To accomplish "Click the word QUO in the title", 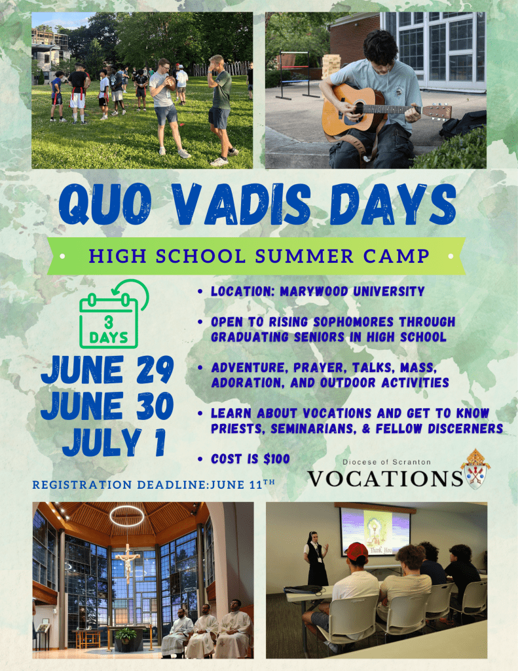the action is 105,204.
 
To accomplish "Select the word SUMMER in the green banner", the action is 304,256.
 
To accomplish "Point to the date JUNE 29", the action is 107,370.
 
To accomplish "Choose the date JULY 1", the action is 114,442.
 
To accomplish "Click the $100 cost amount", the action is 277,459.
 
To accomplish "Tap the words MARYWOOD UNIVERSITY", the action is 352,292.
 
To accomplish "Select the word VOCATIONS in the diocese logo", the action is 385,478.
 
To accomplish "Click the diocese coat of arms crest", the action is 475,469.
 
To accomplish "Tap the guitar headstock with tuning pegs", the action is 437,111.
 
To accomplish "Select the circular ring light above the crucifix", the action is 126,516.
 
